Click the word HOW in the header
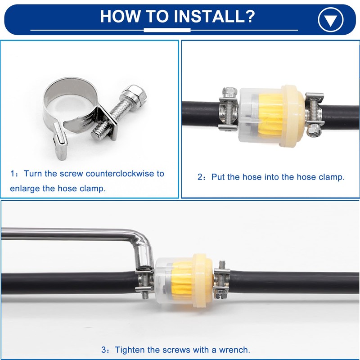(x=120, y=16)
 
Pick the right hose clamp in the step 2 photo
(x=314, y=114)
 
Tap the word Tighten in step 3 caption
(x=130, y=350)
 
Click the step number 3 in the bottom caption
(x=104, y=350)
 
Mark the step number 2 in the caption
(x=200, y=177)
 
